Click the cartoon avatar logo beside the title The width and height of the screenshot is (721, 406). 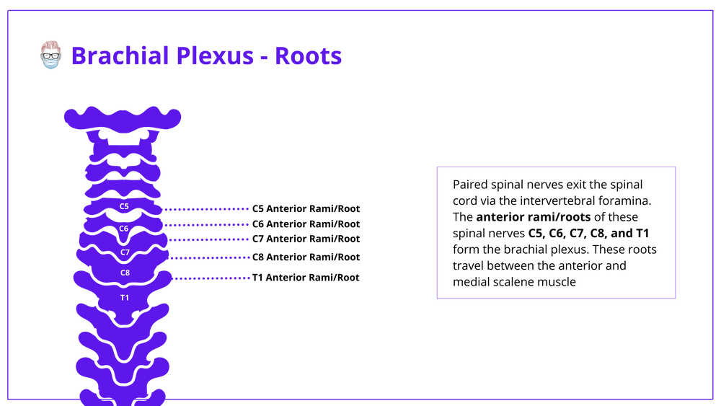[x=50, y=55]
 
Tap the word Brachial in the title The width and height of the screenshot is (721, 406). [x=120, y=56]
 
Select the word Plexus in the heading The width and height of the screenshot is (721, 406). [x=215, y=56]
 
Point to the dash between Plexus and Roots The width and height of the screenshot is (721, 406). [x=264, y=57]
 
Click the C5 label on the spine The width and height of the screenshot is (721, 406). [x=124, y=206]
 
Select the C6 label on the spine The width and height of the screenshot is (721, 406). [x=124, y=229]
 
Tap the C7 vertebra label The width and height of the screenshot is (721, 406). [x=125, y=252]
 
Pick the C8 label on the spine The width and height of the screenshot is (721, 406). [x=125, y=273]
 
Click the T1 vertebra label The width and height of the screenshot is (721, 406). [x=125, y=298]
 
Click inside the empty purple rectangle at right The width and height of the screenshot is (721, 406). [x=556, y=232]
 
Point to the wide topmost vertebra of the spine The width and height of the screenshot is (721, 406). [x=123, y=118]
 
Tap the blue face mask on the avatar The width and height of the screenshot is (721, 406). [x=50, y=64]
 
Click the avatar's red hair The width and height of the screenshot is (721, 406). [x=50, y=44]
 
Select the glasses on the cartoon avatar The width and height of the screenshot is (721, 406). [x=50, y=55]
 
